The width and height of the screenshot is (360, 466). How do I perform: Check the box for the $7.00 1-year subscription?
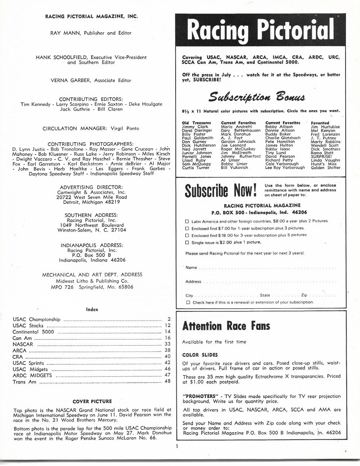(x=187, y=228)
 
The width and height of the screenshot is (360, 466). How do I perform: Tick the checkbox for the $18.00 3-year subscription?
(x=187, y=235)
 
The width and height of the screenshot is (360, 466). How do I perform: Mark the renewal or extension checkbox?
(x=188, y=303)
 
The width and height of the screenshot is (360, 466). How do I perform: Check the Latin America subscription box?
(x=187, y=221)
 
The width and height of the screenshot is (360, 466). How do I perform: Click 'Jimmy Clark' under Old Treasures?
(x=195, y=127)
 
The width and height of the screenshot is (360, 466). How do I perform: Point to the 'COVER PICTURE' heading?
(x=92, y=402)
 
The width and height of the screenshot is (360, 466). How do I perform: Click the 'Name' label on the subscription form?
(x=191, y=268)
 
